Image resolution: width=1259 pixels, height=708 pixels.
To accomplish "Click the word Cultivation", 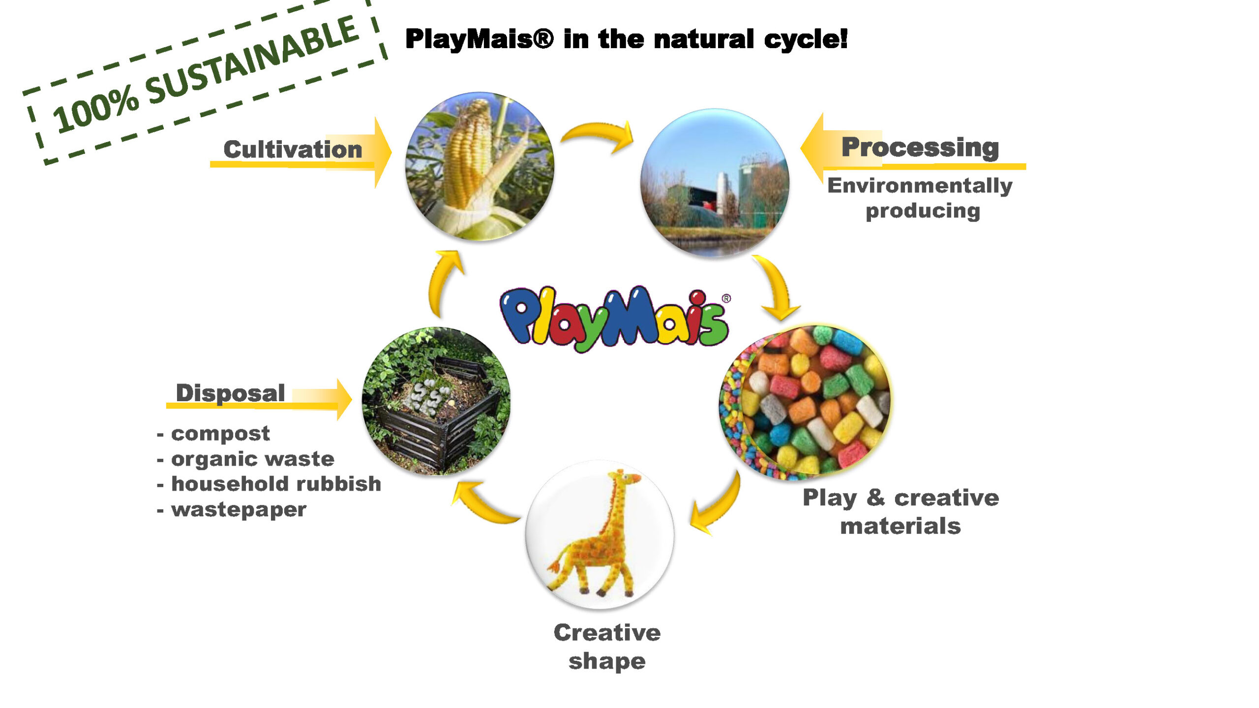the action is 293,149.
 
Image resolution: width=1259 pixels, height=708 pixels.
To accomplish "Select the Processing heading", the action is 920,147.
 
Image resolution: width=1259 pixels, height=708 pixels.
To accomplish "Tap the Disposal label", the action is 230,393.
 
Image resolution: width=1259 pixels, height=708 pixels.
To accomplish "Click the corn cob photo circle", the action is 480,166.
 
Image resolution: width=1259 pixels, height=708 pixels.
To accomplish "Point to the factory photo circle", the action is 715,183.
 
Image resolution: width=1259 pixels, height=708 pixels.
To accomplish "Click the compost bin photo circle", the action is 436,401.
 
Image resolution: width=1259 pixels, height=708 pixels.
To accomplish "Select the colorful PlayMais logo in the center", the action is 615,319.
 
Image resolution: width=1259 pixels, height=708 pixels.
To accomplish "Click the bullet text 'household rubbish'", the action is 276,484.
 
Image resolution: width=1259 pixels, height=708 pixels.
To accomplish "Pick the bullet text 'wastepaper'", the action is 239,510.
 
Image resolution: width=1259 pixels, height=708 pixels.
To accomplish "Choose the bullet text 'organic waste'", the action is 253,459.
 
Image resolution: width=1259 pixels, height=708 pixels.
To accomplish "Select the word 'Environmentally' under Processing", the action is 920,186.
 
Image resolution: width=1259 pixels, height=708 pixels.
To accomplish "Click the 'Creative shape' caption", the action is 607,647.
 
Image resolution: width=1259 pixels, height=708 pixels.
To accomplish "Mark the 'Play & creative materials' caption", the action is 900,511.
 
